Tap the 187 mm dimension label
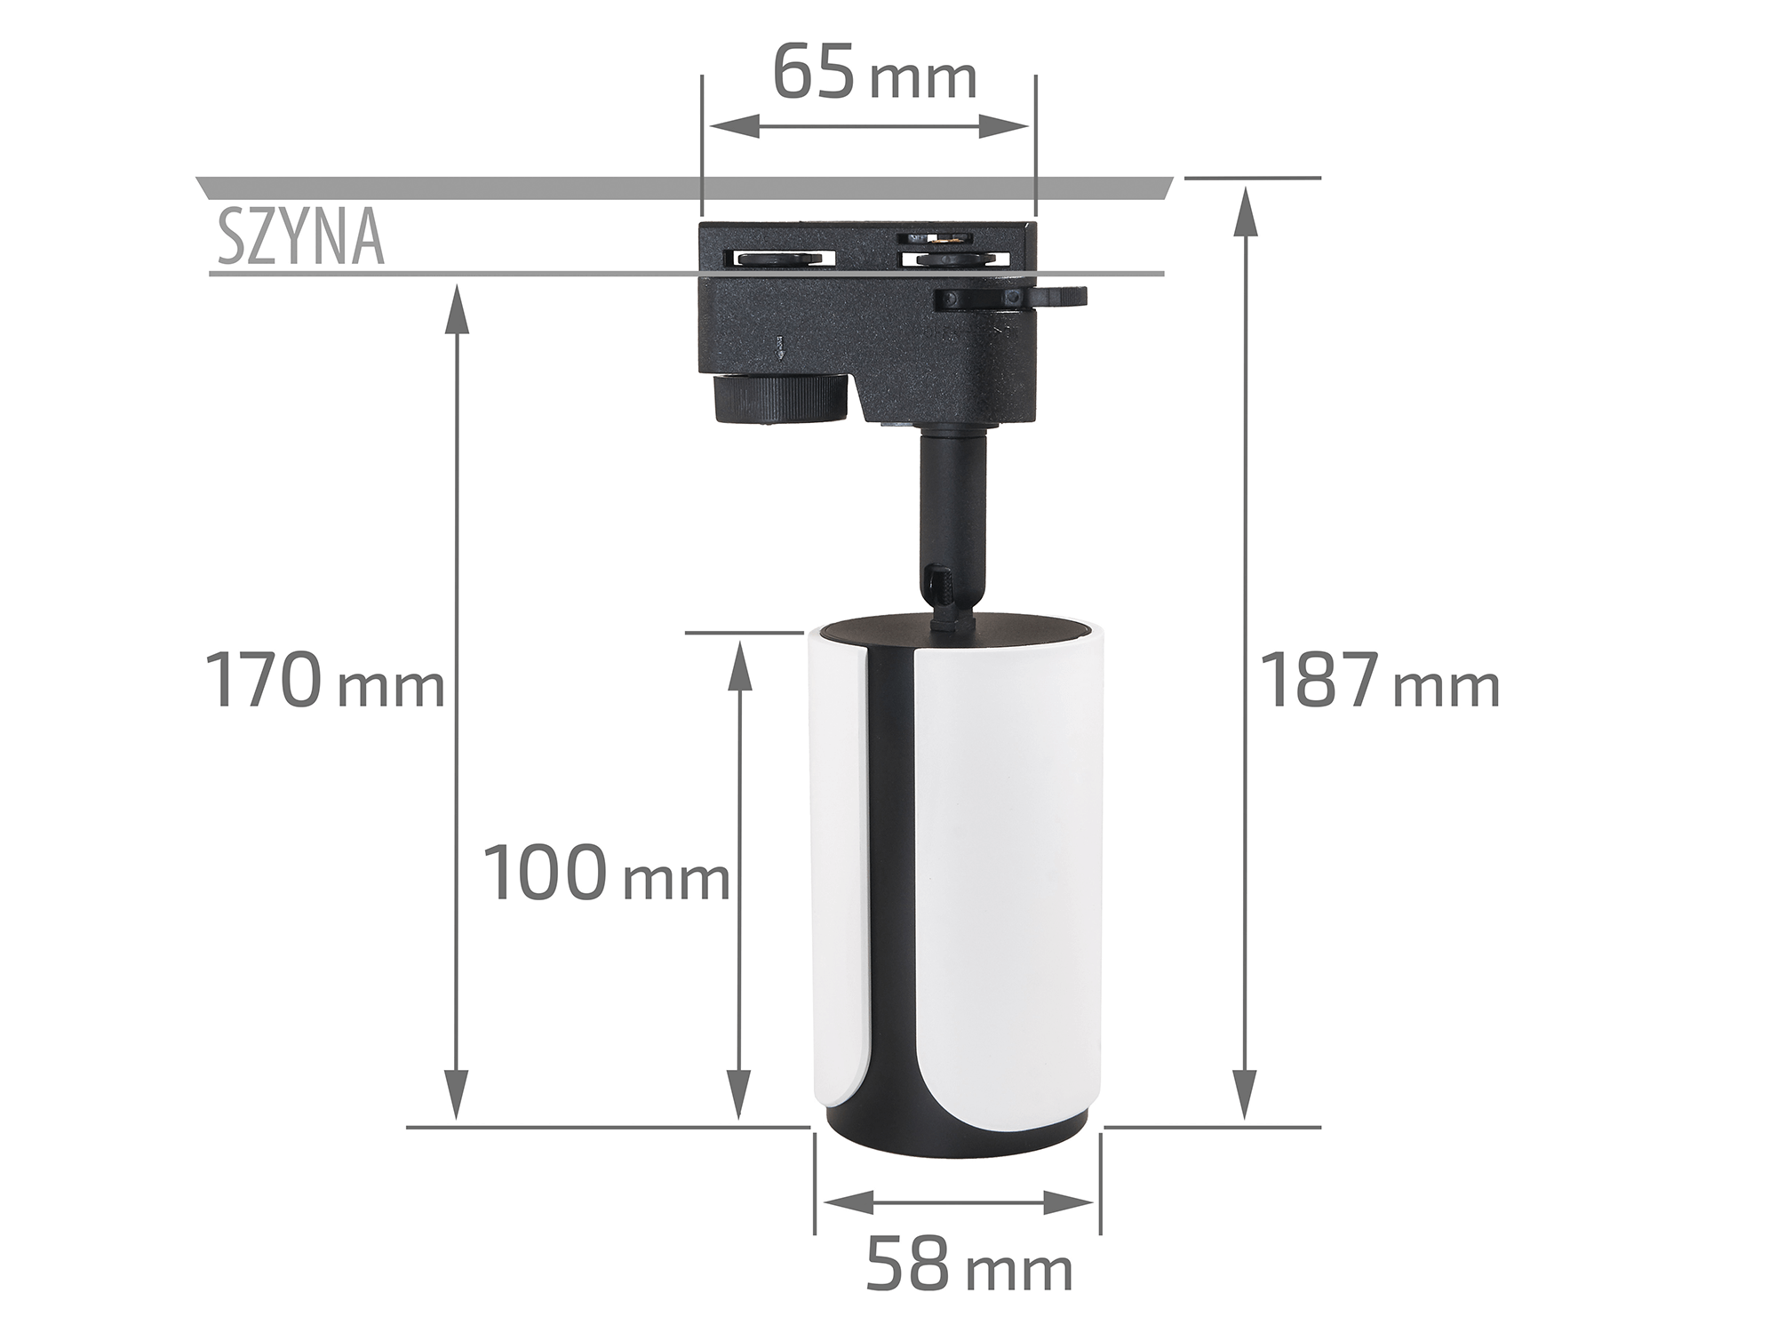point(1380,681)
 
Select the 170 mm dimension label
point(324,681)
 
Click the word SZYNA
point(301,238)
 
